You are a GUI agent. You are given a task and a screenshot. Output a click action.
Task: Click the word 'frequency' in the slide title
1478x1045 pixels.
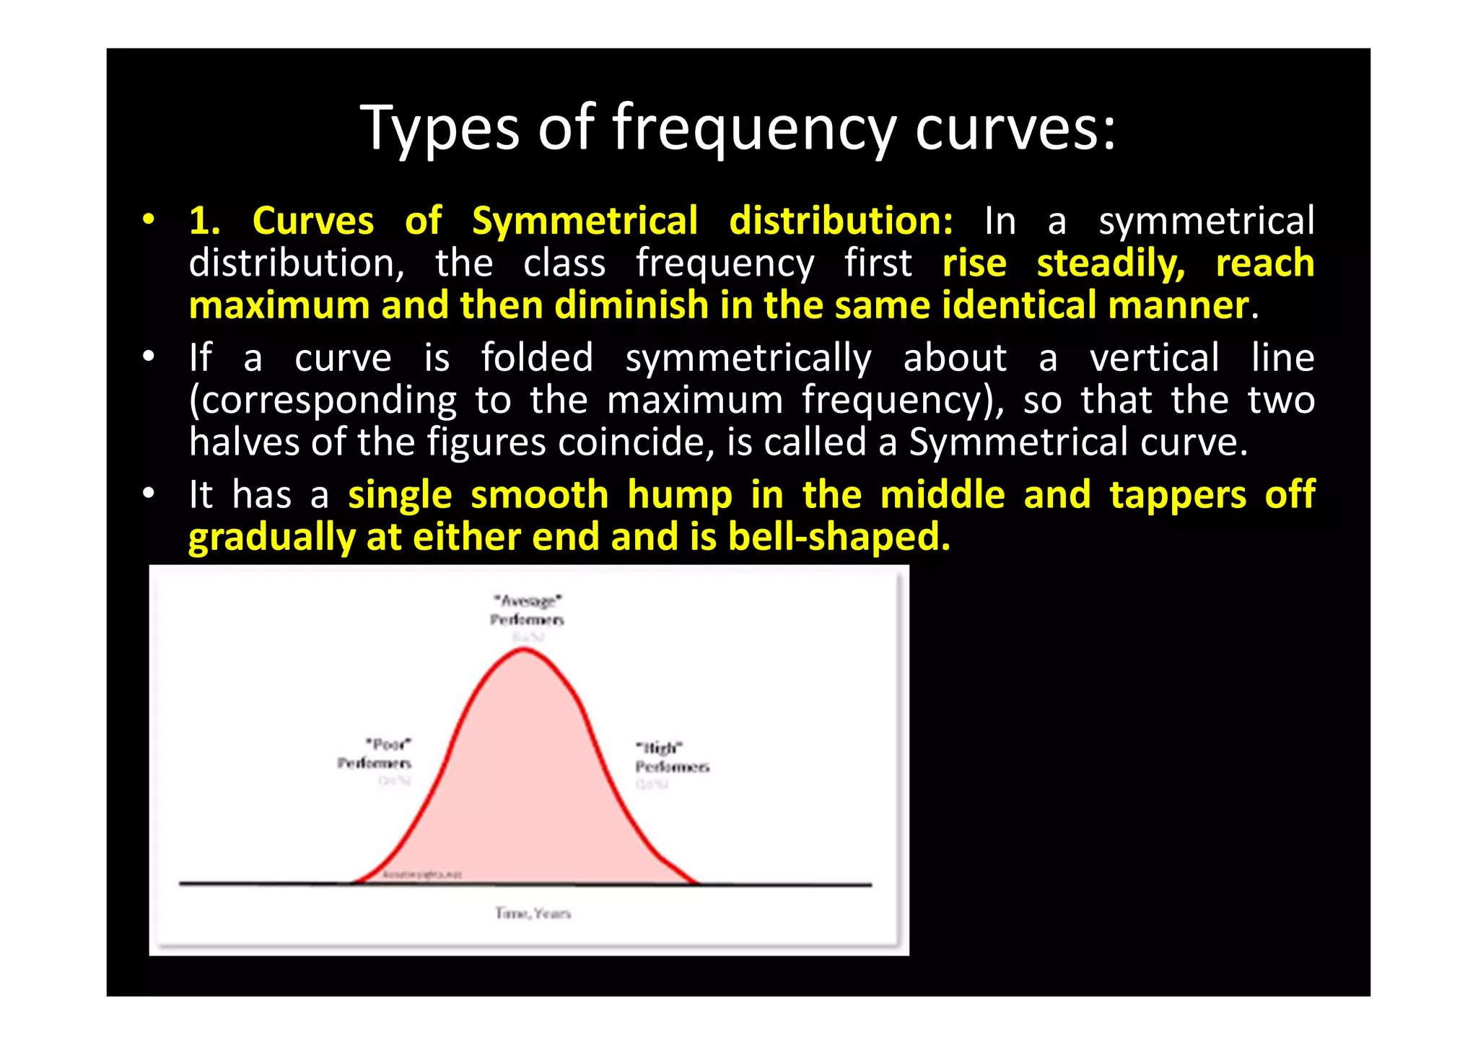pos(754,128)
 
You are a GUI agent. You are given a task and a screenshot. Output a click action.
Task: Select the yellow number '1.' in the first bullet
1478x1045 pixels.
pos(204,220)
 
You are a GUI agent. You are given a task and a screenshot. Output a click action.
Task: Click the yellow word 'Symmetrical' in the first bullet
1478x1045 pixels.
pos(585,220)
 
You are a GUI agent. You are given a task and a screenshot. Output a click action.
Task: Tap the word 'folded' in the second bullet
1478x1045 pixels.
pos(537,358)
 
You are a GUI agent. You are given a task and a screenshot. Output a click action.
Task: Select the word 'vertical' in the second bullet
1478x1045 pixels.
pos(1155,358)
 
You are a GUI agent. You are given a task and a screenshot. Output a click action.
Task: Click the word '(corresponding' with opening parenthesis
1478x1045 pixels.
pos(323,401)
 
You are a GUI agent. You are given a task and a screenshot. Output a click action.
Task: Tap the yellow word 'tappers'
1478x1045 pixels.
pos(1178,495)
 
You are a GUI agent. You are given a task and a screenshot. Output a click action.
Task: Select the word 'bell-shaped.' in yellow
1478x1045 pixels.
pos(839,537)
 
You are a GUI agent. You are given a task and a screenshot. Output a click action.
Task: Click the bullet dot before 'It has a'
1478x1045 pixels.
pos(149,494)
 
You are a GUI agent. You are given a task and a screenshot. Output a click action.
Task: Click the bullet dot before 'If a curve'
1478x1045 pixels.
pos(149,357)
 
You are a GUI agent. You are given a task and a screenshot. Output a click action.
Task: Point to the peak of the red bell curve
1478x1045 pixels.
pos(524,650)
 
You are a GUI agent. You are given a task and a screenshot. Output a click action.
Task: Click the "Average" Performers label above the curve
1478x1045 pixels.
pos(527,610)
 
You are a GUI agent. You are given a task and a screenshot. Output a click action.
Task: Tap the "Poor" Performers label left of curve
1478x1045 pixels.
pos(375,753)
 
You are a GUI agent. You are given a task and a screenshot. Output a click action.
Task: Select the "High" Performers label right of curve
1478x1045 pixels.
pos(671,757)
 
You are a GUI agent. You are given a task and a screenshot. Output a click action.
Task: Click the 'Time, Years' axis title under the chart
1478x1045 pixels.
pos(533,914)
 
